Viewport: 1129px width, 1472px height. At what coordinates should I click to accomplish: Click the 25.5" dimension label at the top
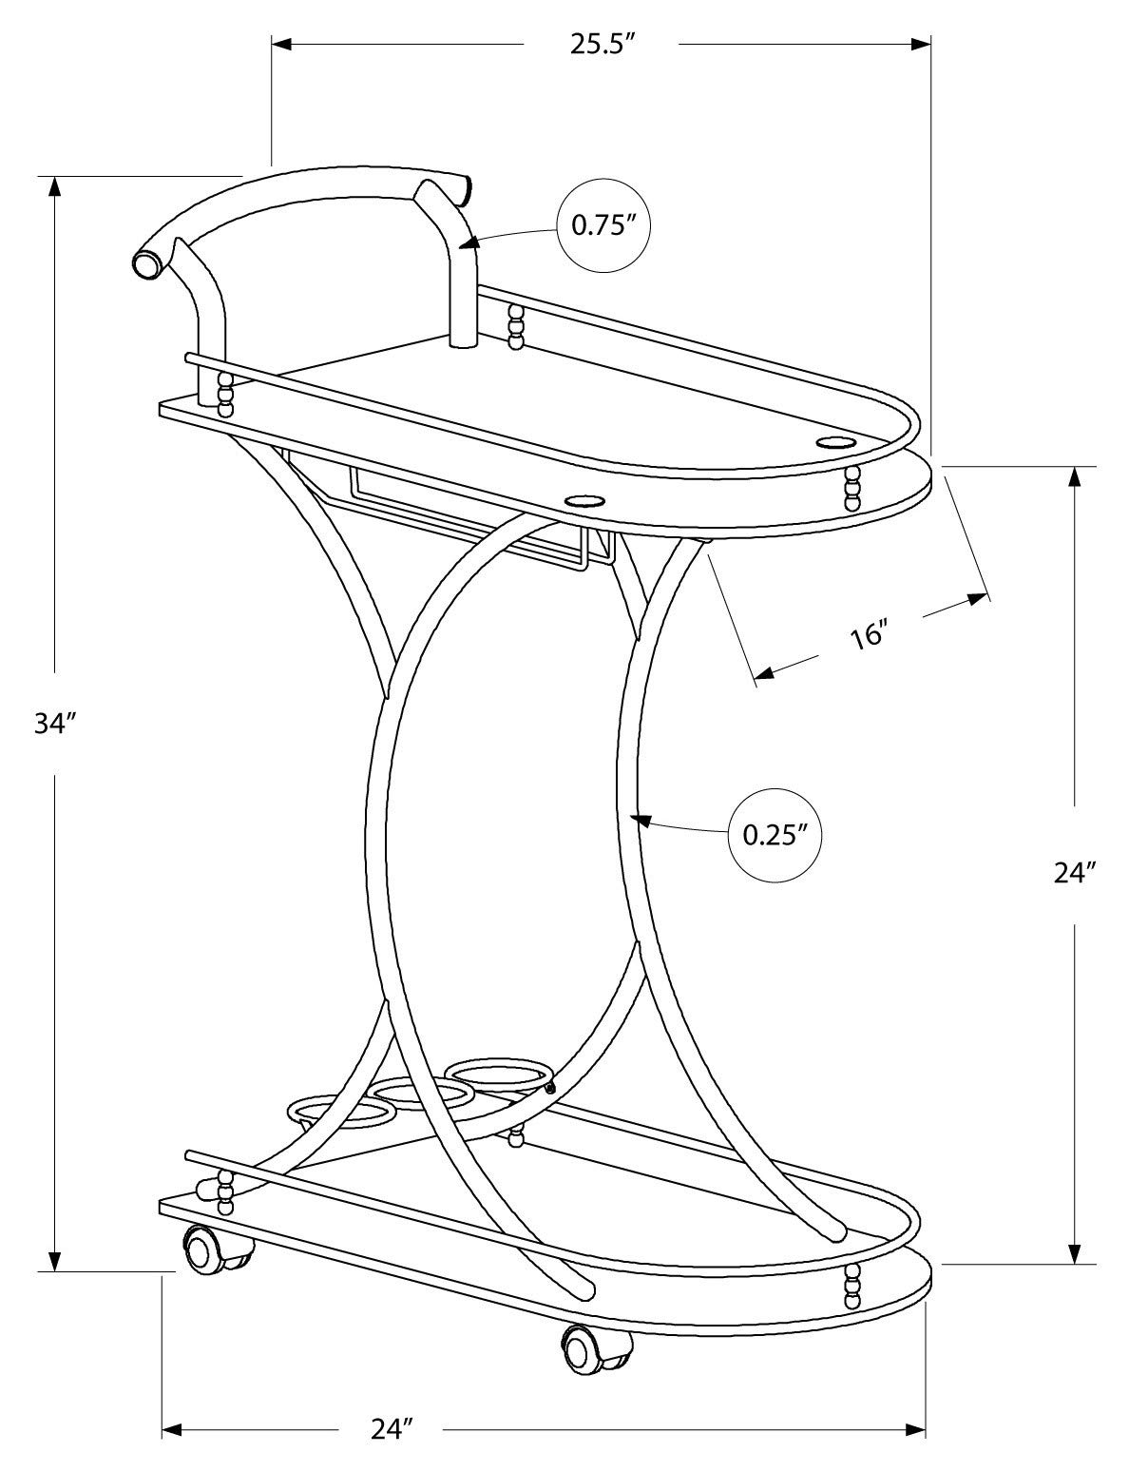(601, 46)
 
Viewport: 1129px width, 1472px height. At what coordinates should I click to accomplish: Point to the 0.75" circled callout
(603, 226)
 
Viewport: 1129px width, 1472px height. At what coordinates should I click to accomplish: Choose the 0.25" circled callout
(775, 835)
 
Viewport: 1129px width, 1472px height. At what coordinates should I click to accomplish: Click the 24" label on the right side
(1074, 873)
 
